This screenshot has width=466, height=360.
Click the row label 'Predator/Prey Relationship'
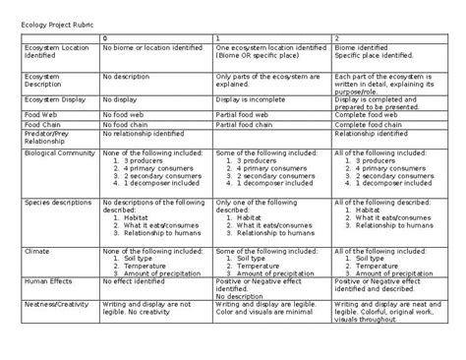(x=49, y=139)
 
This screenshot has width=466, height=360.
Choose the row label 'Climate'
(x=37, y=251)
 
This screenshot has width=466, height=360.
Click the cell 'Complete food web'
(x=369, y=114)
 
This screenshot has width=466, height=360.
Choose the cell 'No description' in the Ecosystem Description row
(x=130, y=72)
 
